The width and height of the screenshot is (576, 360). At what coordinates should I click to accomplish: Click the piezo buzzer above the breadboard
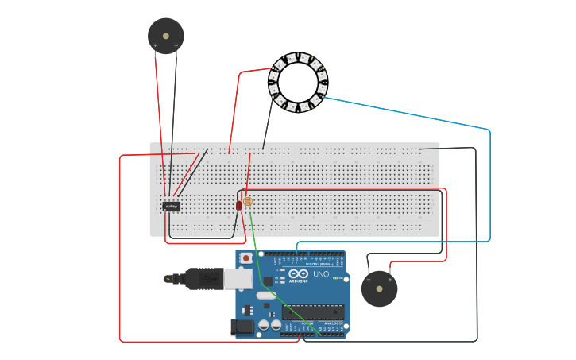coord(165,36)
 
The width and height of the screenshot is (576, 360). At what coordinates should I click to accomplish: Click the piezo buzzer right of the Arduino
coord(379,288)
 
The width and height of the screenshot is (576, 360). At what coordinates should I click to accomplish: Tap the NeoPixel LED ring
coord(298,82)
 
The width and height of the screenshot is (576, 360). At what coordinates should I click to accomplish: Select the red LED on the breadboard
coord(238,205)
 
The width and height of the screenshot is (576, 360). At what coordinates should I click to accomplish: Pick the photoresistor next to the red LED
coord(248,202)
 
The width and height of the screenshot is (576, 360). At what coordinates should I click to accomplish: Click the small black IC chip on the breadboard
coord(171,207)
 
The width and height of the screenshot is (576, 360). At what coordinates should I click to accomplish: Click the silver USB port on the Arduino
coord(238,278)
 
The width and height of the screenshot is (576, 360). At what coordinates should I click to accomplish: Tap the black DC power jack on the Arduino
coord(242,327)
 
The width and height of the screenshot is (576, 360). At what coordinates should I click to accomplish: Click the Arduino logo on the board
coord(298,275)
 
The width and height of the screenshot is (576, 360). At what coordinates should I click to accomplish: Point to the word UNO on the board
coord(321,274)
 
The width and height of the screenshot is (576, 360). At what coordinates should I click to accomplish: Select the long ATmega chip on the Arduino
coord(313,312)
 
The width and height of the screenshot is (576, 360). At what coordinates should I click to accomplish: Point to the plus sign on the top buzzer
coord(155,46)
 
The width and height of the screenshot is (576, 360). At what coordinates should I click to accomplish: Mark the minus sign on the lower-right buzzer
coord(369,280)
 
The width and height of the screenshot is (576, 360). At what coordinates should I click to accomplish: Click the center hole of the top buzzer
coord(165,36)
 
